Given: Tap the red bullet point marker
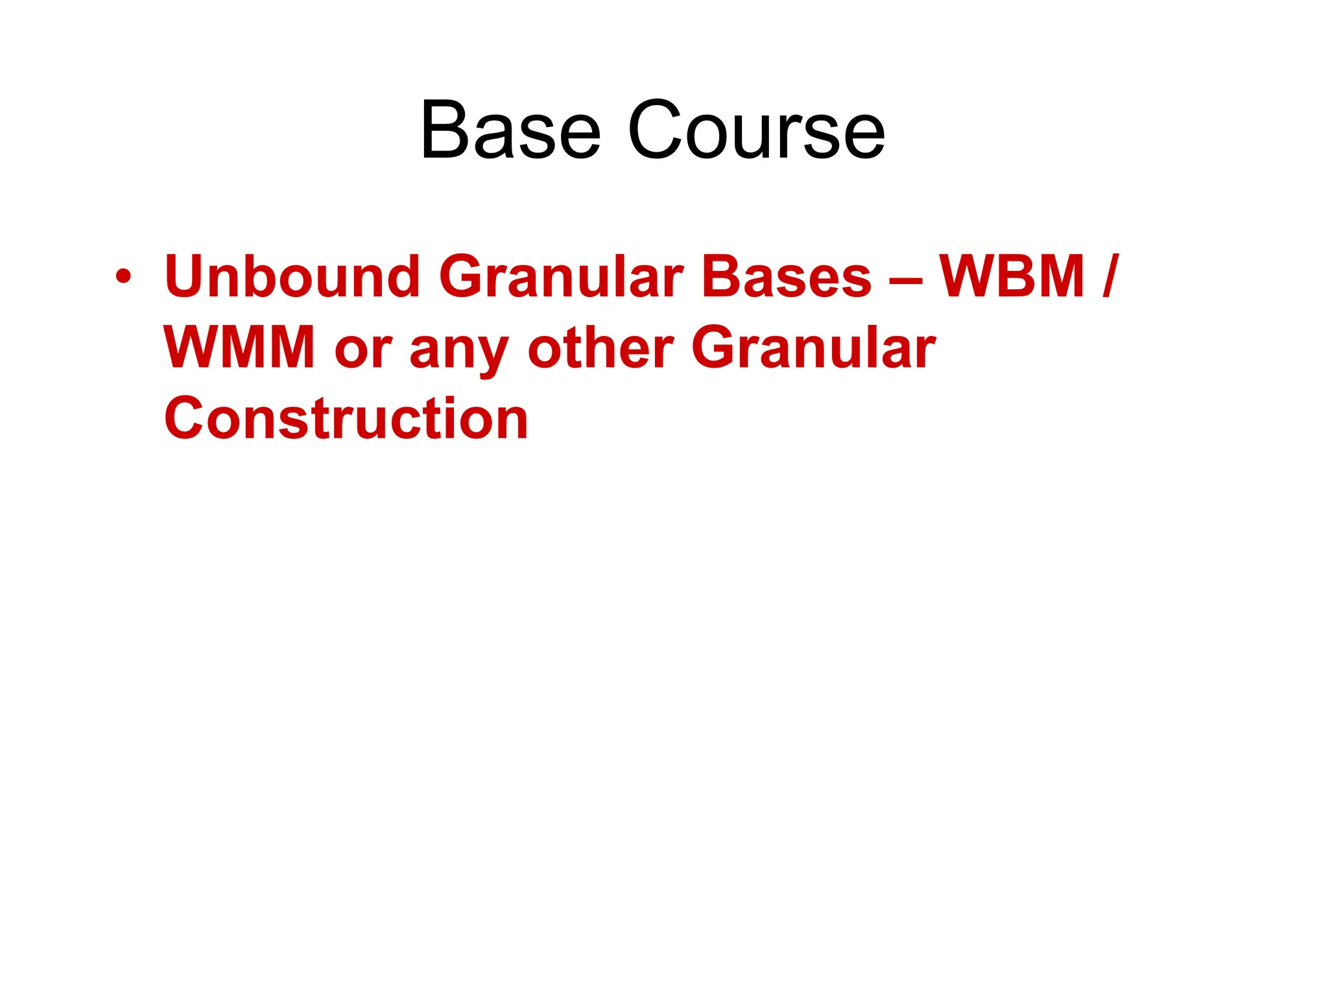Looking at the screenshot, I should [x=123, y=278].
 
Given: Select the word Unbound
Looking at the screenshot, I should [x=292, y=277].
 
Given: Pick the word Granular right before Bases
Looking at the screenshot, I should [x=562, y=277].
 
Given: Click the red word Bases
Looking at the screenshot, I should [x=787, y=277].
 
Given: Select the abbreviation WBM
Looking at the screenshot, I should [x=1012, y=277].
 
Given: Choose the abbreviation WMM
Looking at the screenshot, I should [x=239, y=348].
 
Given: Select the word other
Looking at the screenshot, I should [x=600, y=348].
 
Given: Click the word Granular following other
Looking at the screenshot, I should [x=814, y=348].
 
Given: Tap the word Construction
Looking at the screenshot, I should [x=346, y=419].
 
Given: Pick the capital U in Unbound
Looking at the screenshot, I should [x=186, y=277].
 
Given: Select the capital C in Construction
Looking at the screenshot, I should [x=184, y=419].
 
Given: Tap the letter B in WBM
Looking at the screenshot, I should [x=1019, y=277].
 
